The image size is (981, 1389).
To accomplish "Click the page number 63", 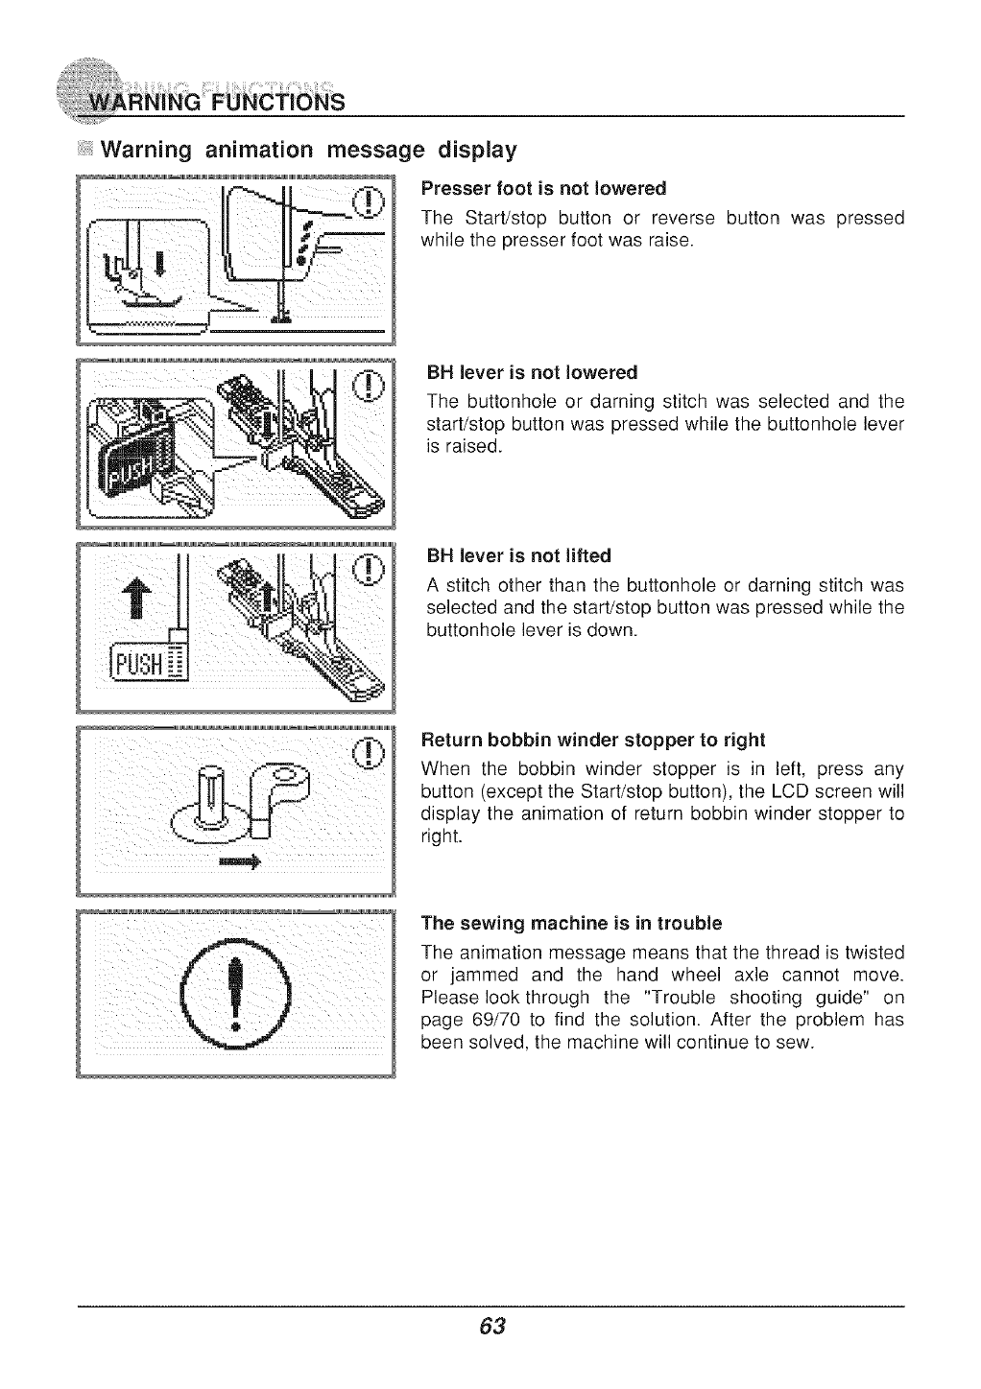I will tap(491, 1327).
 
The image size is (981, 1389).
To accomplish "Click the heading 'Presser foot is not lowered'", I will tap(544, 187).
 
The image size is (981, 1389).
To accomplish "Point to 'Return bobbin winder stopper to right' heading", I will tap(593, 740).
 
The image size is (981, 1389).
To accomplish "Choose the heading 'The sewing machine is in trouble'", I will tap(571, 924).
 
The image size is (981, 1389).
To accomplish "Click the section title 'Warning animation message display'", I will tap(309, 151).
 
